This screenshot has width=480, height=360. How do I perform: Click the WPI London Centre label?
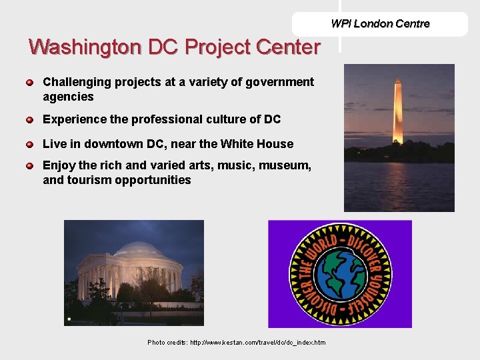coord(380,24)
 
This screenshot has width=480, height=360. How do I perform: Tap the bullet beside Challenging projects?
coord(30,83)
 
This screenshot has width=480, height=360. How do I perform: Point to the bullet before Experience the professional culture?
coord(30,120)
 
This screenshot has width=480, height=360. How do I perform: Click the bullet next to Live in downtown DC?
coord(30,145)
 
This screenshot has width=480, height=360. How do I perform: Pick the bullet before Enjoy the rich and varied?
coord(30,165)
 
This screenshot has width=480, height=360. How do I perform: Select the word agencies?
coord(68,97)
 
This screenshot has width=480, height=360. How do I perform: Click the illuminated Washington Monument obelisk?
coord(398,110)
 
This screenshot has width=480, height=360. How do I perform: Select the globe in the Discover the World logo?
coord(340,274)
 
